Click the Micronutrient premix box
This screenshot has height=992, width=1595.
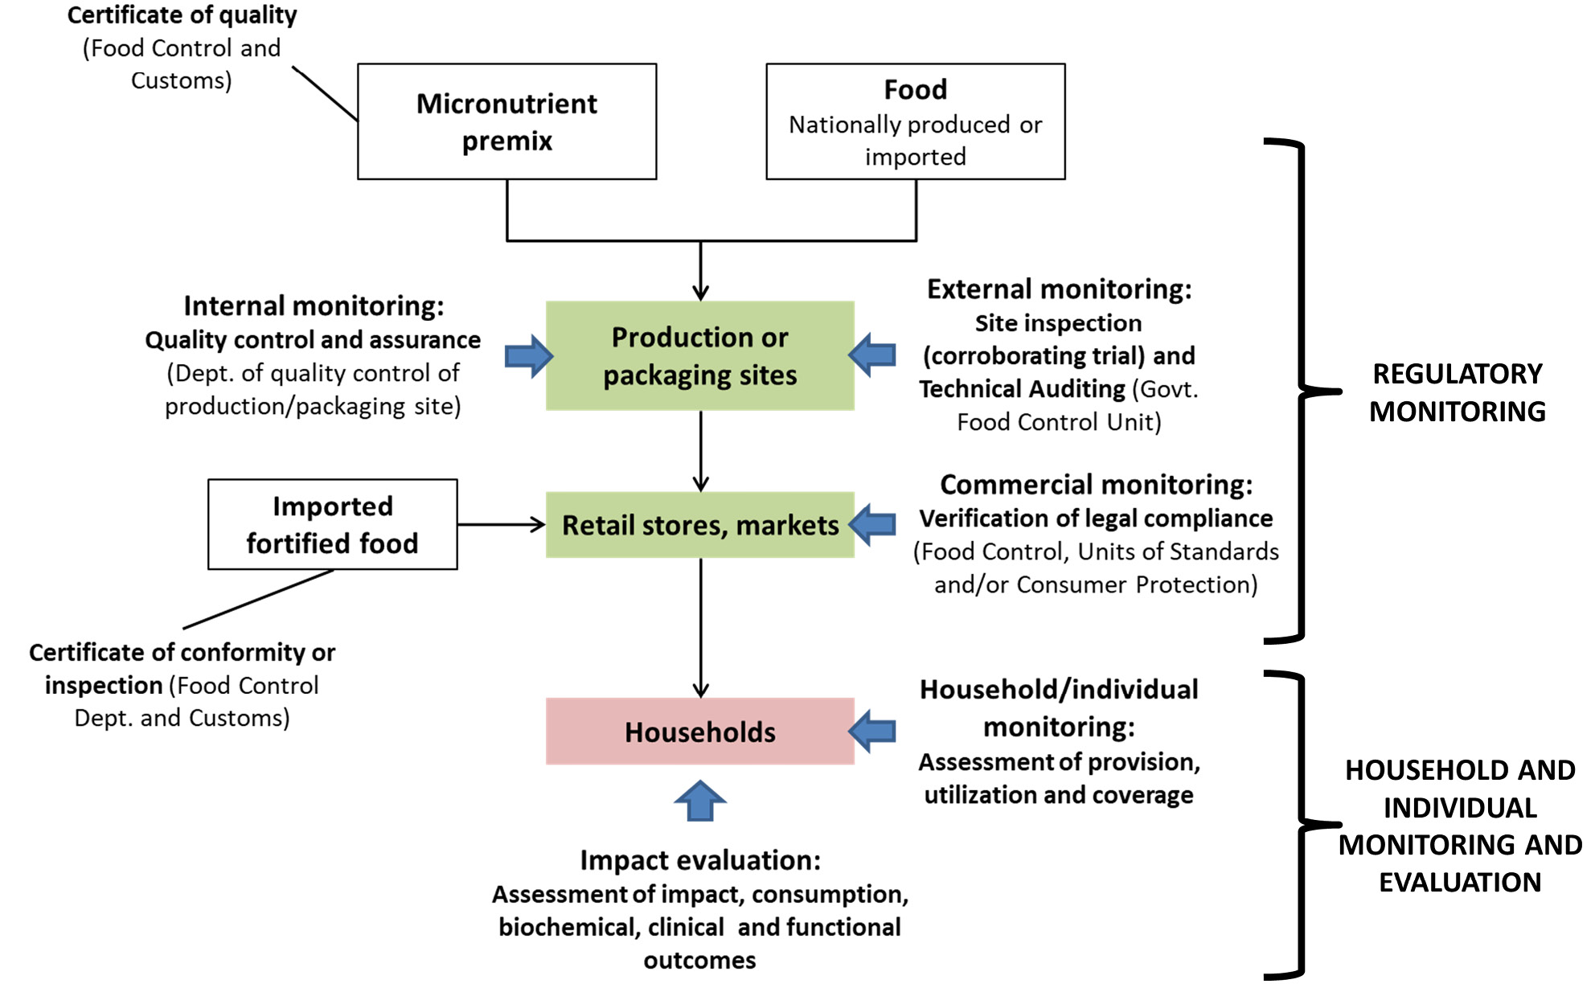point(506,121)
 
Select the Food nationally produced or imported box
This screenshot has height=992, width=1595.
point(915,121)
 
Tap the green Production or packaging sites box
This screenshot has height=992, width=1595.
point(699,355)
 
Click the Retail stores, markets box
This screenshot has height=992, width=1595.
point(699,525)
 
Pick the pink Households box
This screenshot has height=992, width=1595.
point(699,731)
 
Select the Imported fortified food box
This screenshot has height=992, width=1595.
point(332,524)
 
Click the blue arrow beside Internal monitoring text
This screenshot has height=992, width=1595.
point(528,355)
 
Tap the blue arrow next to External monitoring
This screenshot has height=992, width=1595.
point(873,355)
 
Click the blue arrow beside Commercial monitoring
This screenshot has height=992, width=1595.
point(873,524)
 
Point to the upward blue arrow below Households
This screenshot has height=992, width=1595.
point(699,801)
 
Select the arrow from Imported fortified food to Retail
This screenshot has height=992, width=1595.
point(501,525)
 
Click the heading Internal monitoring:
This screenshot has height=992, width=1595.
point(314,305)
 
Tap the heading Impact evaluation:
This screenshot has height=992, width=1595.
point(700,860)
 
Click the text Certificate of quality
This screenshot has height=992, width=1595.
point(182,15)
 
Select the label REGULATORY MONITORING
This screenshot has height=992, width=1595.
point(1457,392)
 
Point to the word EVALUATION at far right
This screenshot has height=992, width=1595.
point(1460,882)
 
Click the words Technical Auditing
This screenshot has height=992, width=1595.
point(1022,389)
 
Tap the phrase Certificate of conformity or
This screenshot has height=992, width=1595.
point(182,652)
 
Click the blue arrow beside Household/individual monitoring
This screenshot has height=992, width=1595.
point(873,731)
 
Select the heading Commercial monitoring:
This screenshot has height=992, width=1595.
point(1096,485)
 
